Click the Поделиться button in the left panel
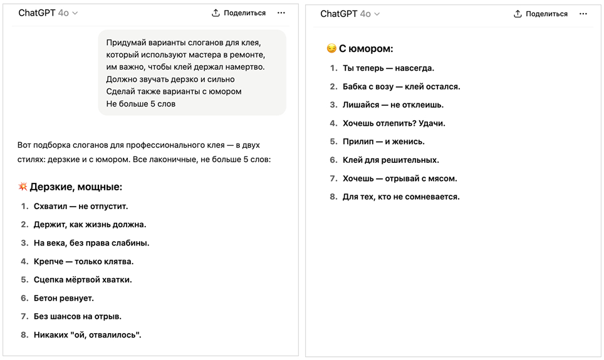tap(239, 13)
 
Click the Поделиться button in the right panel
tap(541, 14)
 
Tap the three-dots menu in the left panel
tap(281, 13)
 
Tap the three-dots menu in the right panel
tap(583, 14)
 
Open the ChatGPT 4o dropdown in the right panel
tap(350, 14)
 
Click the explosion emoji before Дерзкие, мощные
tap(23, 187)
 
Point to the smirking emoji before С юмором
tap(331, 48)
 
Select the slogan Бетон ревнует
tap(64, 298)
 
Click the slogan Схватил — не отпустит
tap(81, 206)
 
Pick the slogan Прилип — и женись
tap(383, 141)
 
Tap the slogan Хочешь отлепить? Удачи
tap(394, 123)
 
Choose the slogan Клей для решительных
tap(391, 160)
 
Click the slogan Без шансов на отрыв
tap(78, 316)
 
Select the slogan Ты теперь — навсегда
tap(388, 68)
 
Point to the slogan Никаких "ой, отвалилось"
tap(88, 335)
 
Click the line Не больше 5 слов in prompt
tap(141, 104)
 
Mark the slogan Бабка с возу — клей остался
tap(402, 86)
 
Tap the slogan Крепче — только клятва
tap(83, 261)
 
